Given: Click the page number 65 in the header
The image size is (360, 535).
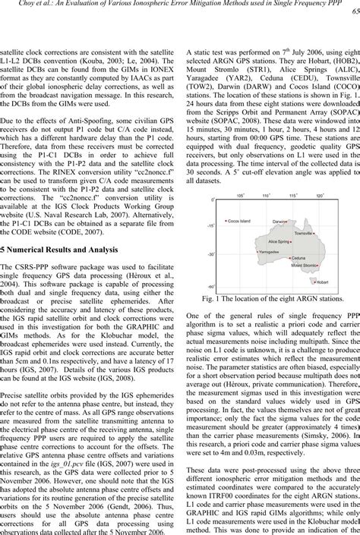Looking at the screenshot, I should [x=355, y=14].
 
